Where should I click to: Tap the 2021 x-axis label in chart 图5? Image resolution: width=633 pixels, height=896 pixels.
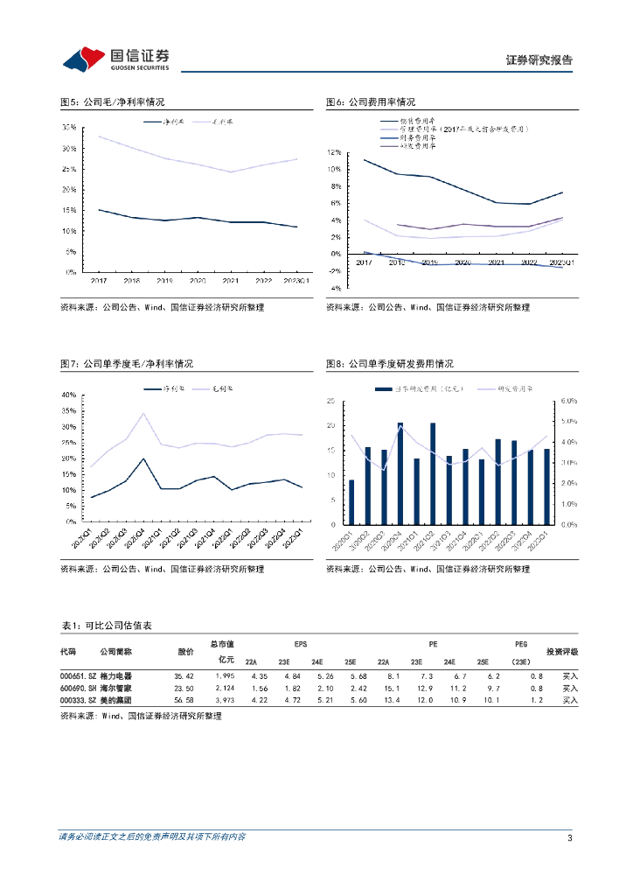point(230,281)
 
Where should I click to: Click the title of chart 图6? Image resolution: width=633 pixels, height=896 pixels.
point(370,102)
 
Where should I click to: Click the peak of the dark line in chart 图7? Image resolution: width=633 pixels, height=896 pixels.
point(143,458)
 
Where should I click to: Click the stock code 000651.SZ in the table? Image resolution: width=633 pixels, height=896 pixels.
point(77,675)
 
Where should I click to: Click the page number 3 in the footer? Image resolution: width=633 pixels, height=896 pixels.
point(569,837)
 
